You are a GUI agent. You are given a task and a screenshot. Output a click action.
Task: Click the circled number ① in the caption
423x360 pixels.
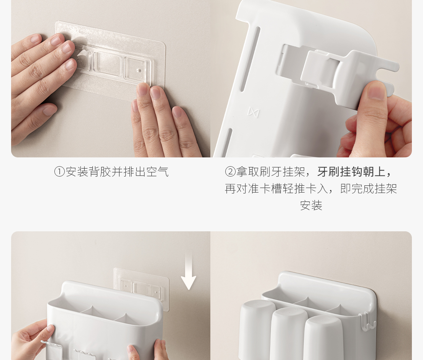(59, 172)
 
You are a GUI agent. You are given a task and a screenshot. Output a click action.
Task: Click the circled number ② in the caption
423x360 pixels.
(230, 172)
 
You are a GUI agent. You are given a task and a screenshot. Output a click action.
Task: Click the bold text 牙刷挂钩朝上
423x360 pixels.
(351, 172)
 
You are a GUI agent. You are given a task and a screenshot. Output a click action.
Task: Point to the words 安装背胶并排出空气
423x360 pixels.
(117, 172)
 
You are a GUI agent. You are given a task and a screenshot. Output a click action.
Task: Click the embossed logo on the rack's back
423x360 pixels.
(254, 112)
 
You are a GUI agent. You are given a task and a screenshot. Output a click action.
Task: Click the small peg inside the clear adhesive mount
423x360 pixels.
(139, 70)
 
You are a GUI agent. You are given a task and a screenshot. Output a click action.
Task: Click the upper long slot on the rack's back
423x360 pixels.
(250, 59)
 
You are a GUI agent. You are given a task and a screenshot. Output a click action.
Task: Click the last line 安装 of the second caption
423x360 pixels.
(311, 206)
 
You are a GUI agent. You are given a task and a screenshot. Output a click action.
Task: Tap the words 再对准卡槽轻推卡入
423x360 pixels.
(277, 189)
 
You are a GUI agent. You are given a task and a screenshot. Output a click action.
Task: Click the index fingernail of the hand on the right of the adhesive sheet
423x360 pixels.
(143, 89)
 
